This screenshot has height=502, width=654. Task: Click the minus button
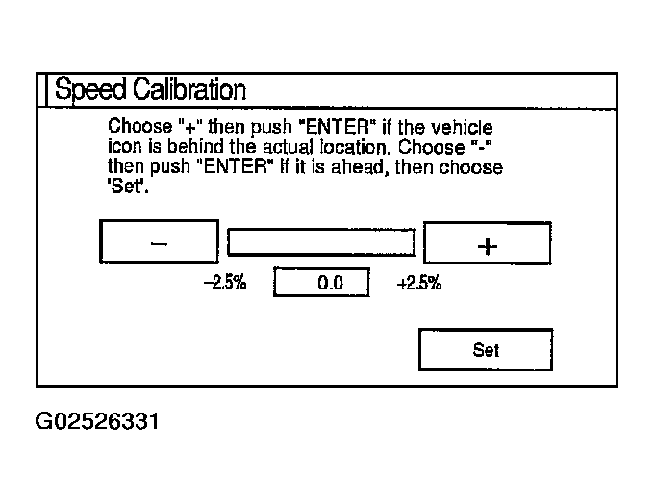tap(159, 242)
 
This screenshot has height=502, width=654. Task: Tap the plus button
tap(488, 244)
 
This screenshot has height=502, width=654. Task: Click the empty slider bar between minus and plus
tap(321, 242)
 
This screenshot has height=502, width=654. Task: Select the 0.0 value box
tap(322, 284)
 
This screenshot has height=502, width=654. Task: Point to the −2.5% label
tap(224, 284)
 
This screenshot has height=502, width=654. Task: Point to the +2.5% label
tap(419, 284)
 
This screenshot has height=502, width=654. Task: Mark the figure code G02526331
tap(96, 421)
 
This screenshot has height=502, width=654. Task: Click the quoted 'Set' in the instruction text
tap(123, 186)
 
